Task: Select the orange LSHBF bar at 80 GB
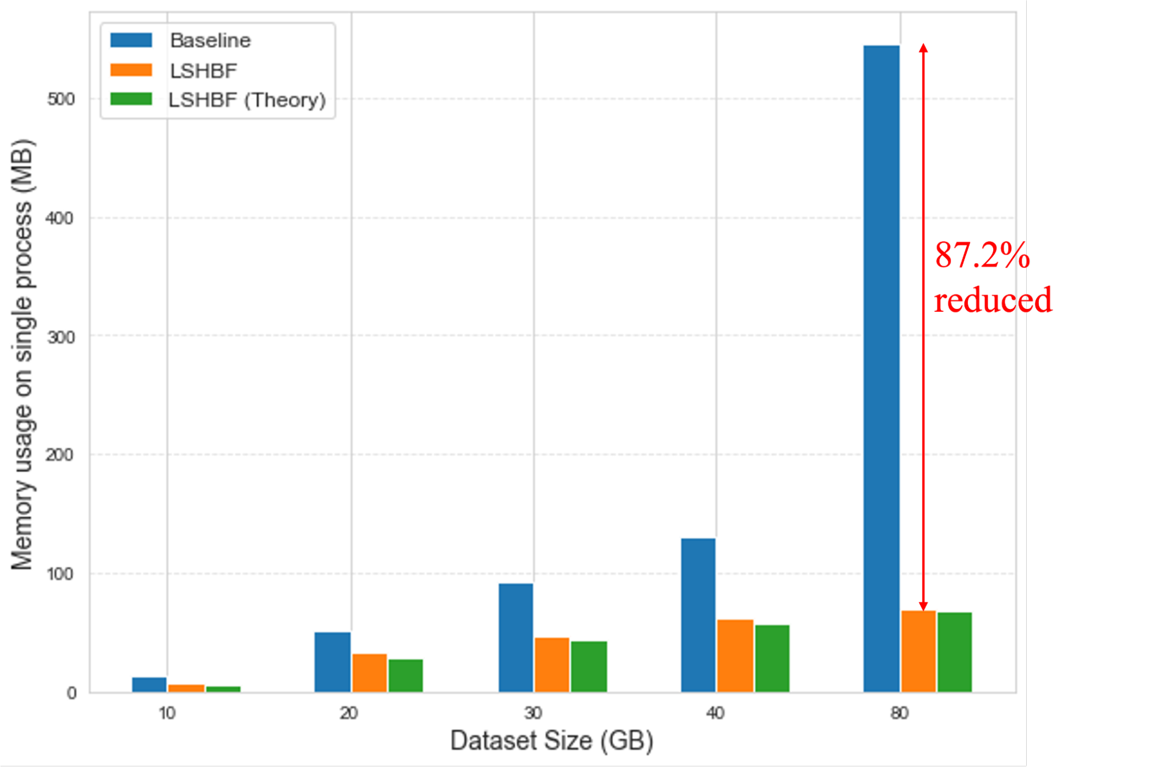918,651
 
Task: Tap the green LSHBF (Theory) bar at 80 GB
955,652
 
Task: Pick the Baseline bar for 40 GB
698,615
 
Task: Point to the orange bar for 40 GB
735,656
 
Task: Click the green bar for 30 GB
589,667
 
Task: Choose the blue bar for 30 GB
516,638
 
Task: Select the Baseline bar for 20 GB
332,662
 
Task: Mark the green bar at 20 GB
406,675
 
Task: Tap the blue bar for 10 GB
149,684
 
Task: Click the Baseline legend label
210,40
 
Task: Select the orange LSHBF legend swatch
131,70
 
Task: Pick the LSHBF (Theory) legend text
247,100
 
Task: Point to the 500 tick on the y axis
61,99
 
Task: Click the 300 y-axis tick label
61,337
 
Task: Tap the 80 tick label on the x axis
900,713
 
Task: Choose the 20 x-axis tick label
349,713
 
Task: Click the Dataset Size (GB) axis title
552,740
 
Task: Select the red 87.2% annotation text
982,255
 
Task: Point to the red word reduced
993,300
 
